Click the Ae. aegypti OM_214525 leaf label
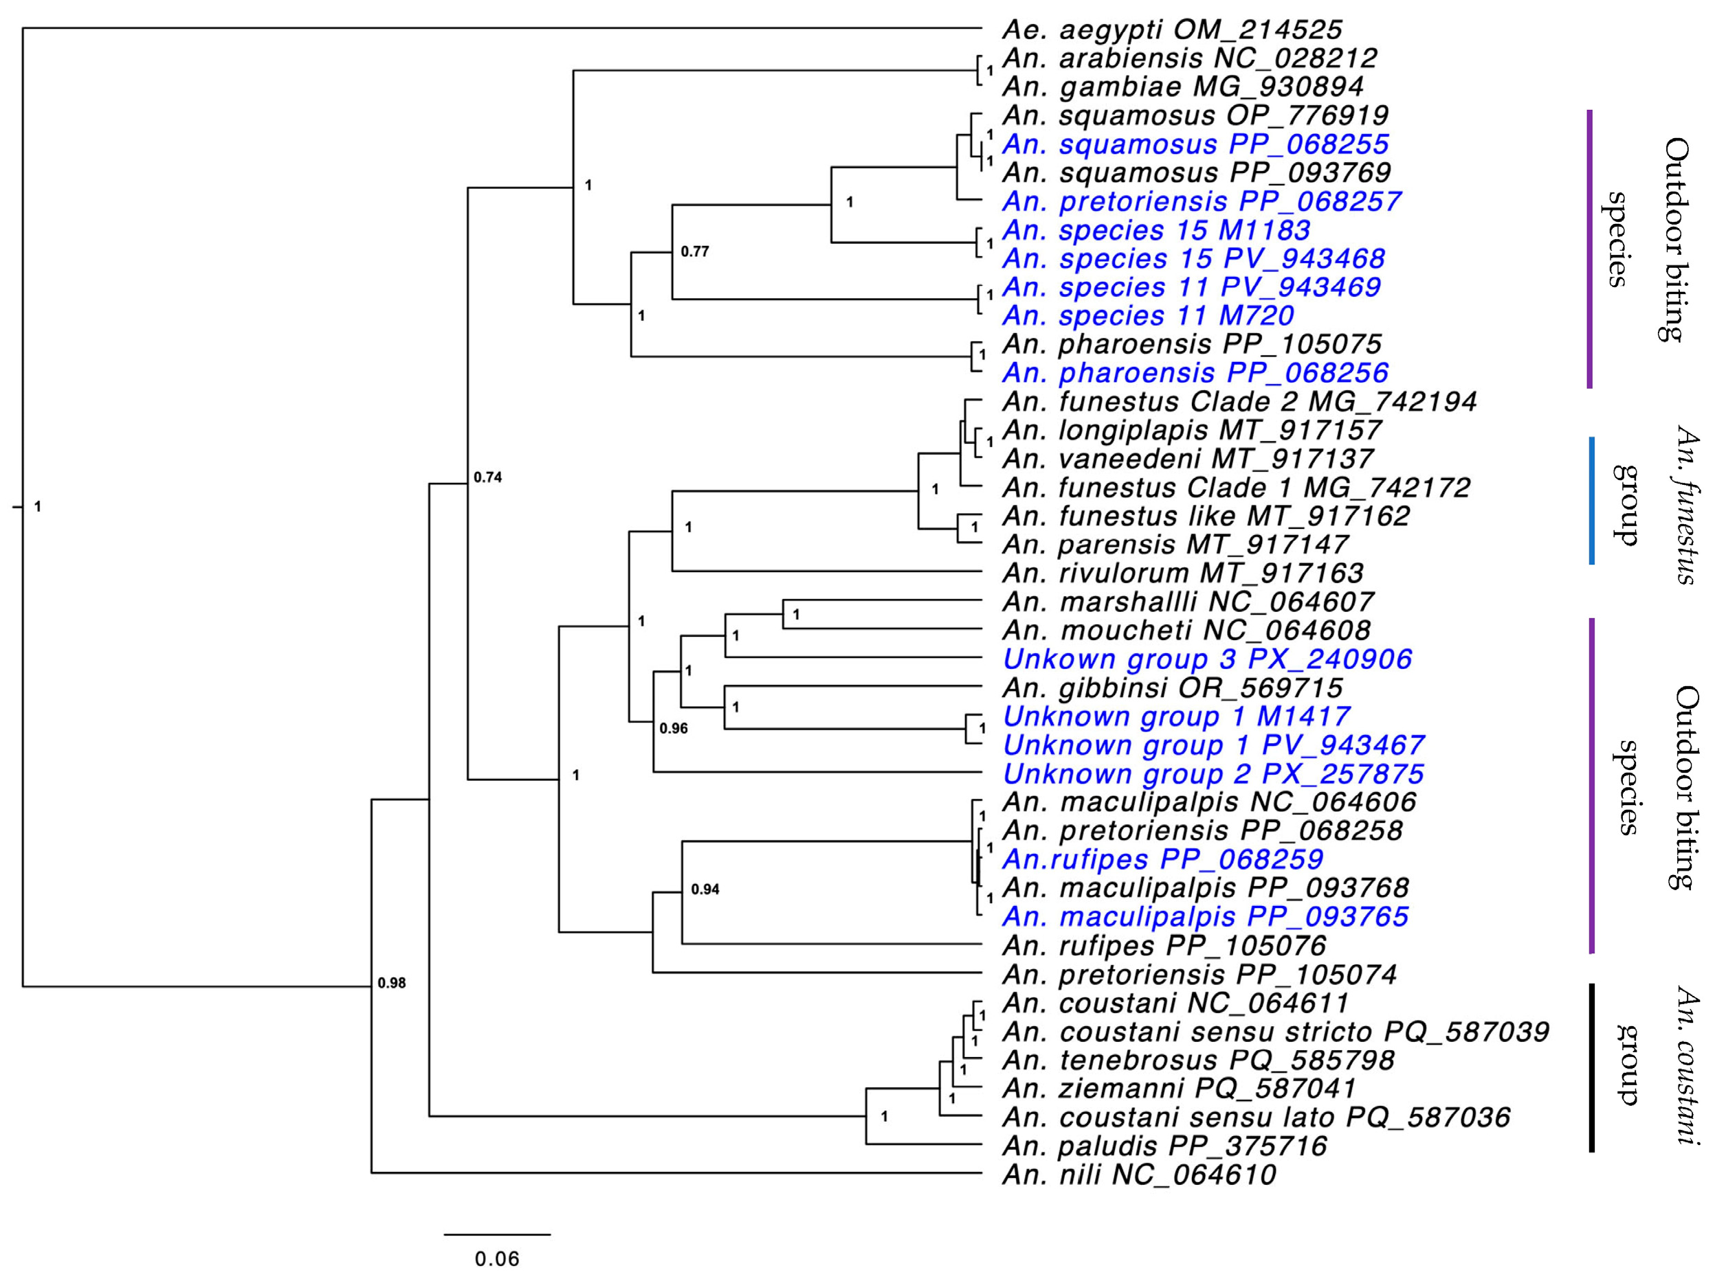[1171, 30]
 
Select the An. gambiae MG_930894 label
[1182, 87]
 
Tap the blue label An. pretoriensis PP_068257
[1201, 201]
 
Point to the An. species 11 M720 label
[1147, 316]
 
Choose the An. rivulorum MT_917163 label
[1182, 574]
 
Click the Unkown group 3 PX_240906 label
[1206, 659]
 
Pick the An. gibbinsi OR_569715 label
[1172, 688]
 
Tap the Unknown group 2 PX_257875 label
[1213, 774]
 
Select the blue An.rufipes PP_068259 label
[1162, 859]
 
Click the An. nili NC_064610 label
[1139, 1175]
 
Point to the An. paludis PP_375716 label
[1164, 1146]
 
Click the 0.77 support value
[695, 252]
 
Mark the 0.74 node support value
[487, 477]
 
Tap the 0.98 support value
[392, 984]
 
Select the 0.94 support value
[705, 889]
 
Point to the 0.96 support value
[673, 729]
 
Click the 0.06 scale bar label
[497, 1259]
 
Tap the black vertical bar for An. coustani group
[1592, 1068]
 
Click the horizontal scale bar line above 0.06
[497, 1234]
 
